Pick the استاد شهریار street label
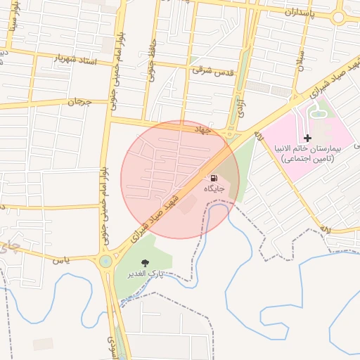click(x=75, y=57)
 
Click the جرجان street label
click(x=79, y=103)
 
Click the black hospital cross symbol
click(x=307, y=137)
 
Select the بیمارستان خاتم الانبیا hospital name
click(x=308, y=153)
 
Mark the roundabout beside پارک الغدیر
click(x=105, y=262)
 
